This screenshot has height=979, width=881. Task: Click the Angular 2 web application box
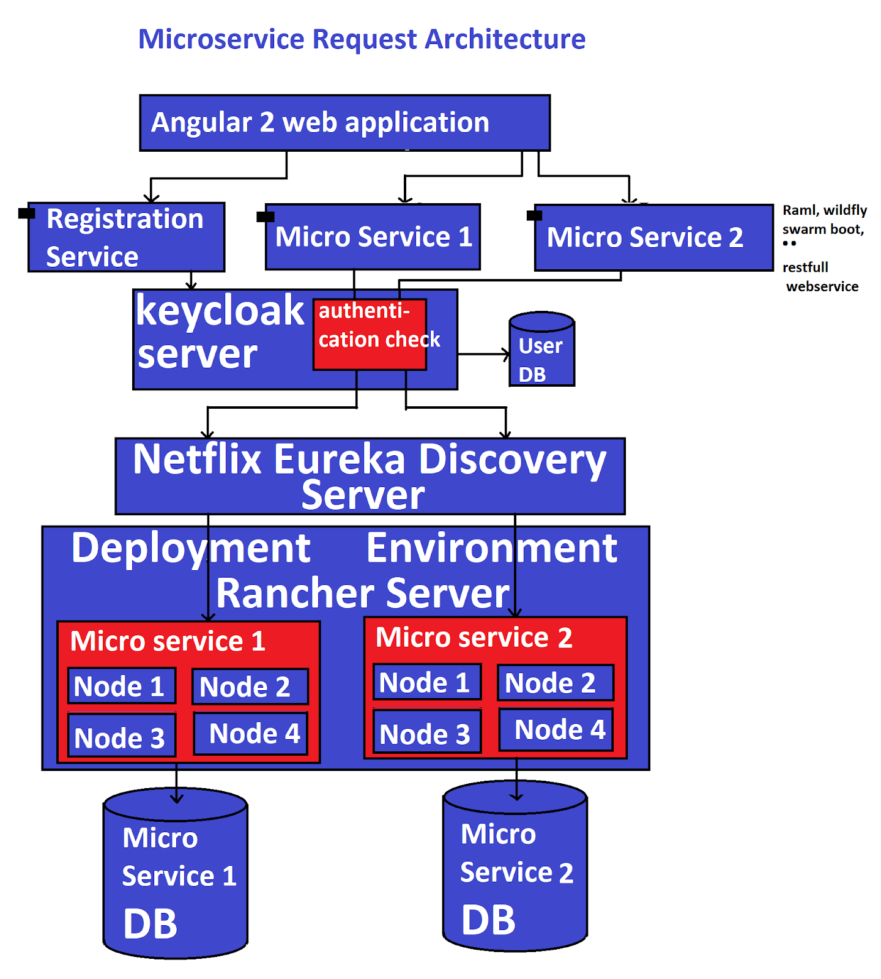[x=344, y=123]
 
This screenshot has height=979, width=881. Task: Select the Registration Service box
[x=126, y=237]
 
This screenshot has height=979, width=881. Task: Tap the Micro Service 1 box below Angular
[x=373, y=237]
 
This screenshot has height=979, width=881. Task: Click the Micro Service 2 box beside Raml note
[x=653, y=237]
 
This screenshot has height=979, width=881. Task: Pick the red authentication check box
[x=370, y=334]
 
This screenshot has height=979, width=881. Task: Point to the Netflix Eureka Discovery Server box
[x=370, y=476]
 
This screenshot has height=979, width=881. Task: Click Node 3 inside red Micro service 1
[x=121, y=736]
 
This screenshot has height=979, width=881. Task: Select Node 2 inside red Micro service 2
[x=555, y=683]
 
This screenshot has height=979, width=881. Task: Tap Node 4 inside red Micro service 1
[x=250, y=734]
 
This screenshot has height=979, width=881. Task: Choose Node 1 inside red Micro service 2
[x=426, y=682]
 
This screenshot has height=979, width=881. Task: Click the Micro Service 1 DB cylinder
[x=176, y=875]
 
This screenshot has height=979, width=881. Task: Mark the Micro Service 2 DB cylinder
[x=515, y=869]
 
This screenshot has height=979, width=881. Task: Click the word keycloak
[x=220, y=311]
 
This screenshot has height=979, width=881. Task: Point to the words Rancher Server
[x=362, y=594]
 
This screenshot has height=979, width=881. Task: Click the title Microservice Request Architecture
[x=362, y=39]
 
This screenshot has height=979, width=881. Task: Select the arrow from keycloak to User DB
[x=483, y=354]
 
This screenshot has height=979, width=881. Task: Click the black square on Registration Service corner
[x=26, y=213]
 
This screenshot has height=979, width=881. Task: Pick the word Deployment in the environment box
[x=190, y=548]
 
